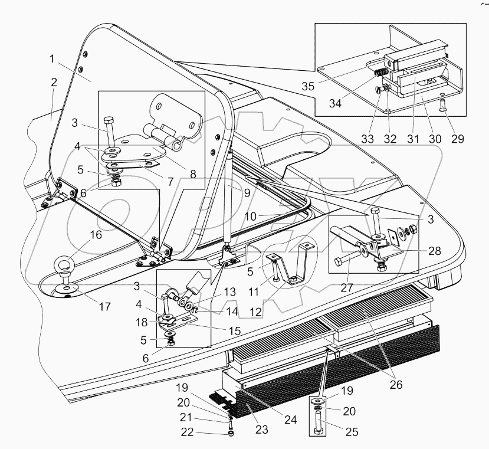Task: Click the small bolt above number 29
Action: coord(444,107)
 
